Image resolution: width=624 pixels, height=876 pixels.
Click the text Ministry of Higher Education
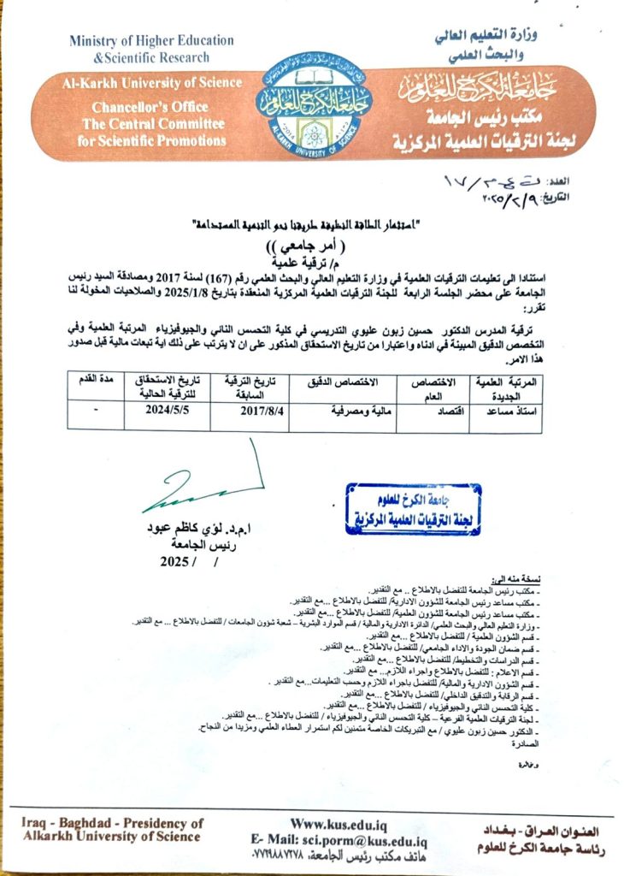pyautogui.click(x=151, y=40)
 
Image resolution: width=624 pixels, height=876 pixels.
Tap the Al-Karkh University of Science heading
pyautogui.click(x=150, y=83)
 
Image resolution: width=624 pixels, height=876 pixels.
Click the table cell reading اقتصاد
pyautogui.click(x=444, y=410)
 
